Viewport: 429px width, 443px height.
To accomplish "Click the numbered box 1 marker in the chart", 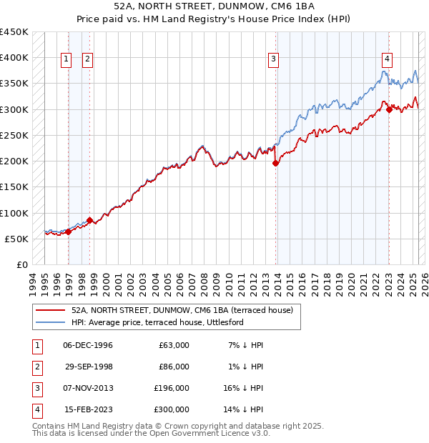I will pos(66,60).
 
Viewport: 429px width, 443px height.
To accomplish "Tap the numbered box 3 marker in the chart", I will pos(273,60).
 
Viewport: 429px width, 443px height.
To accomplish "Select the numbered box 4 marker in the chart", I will pos(386,60).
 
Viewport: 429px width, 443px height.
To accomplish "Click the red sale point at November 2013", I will pos(275,164).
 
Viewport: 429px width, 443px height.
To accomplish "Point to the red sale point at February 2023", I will pos(388,109).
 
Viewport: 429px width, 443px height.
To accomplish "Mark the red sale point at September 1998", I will pos(89,220).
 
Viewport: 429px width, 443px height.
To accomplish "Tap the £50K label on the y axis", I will pos(16,239).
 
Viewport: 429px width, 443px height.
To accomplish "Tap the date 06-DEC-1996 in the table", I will pos(88,345).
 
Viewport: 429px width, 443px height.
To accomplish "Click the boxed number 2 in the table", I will pos(36,367).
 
